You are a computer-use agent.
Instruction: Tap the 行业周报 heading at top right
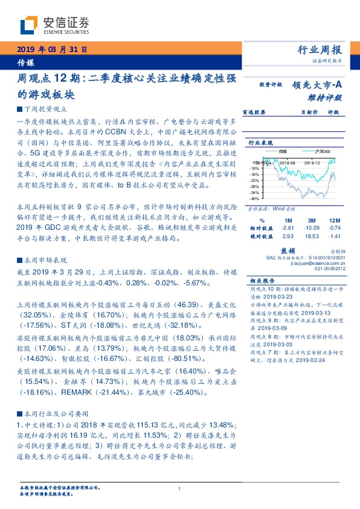point(320,50)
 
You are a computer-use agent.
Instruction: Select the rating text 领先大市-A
point(319,85)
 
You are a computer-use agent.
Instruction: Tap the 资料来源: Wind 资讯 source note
point(271,207)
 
